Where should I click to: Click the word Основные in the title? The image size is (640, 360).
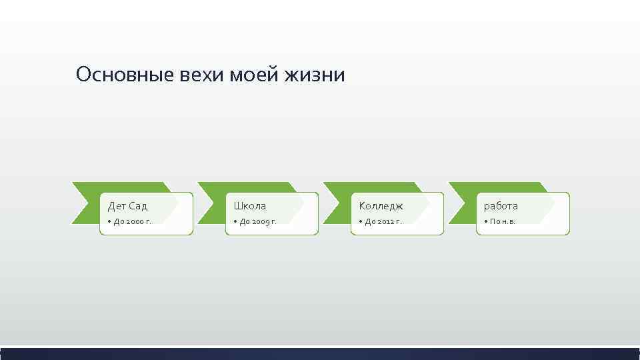click(x=125, y=75)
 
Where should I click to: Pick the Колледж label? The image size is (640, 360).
click(x=381, y=206)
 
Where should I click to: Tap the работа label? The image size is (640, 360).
click(x=501, y=206)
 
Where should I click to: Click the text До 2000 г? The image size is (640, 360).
click(x=133, y=221)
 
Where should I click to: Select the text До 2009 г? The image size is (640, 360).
click(x=258, y=221)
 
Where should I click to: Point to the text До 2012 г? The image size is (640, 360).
click(x=383, y=221)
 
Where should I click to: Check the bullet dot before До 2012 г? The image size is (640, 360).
click(x=360, y=221)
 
